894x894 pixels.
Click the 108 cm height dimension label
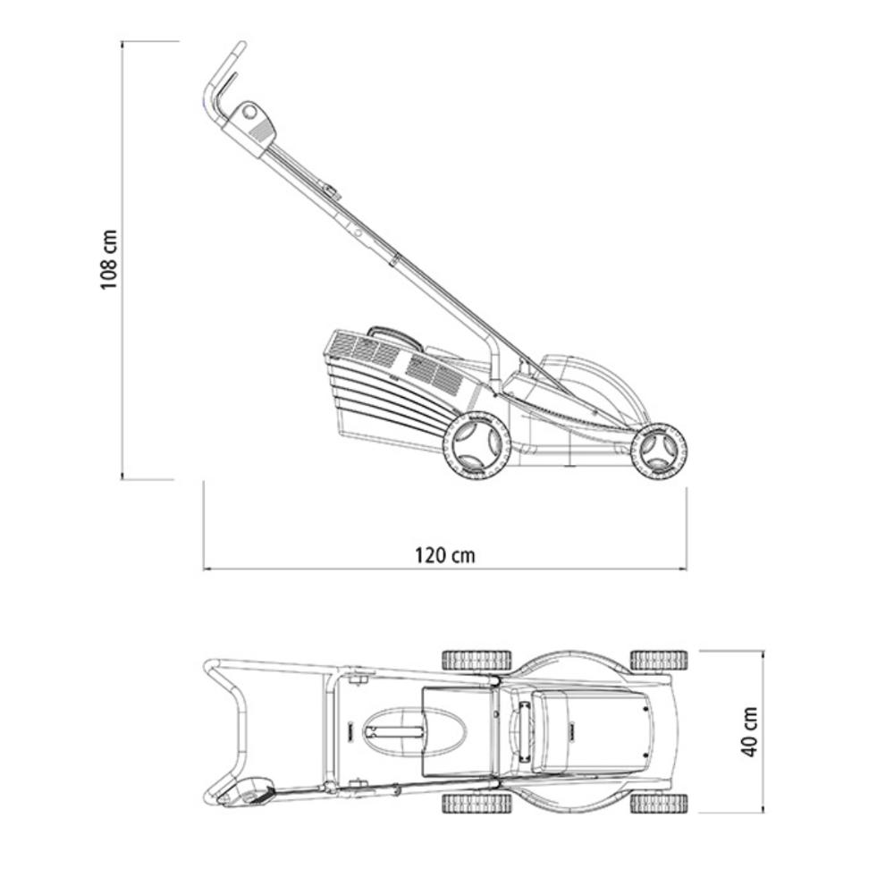point(108,259)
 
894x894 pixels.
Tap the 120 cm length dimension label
point(444,555)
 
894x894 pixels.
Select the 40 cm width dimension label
point(749,731)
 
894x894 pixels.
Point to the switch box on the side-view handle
point(249,128)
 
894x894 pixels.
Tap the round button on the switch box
point(249,112)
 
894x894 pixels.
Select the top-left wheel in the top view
point(477,661)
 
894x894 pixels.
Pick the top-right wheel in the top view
point(659,661)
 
